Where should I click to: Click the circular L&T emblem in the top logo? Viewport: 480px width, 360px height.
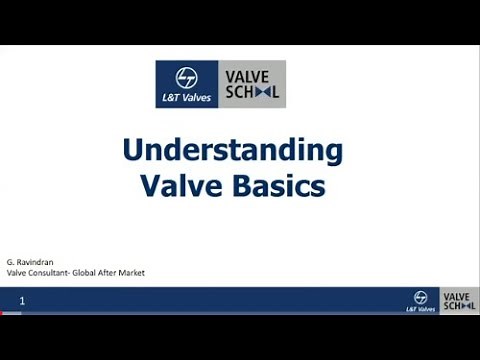[x=186, y=76]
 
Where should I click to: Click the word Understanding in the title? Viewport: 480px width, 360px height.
[x=232, y=151]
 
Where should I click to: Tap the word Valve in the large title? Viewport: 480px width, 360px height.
[x=176, y=186]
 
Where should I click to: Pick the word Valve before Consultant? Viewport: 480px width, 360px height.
[x=18, y=272]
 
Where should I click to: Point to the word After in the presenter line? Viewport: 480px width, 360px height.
[x=120, y=272]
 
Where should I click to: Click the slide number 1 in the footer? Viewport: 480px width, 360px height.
[x=22, y=300]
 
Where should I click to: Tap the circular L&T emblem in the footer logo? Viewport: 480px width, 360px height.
[x=421, y=297]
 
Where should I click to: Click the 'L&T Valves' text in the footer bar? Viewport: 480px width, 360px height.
[x=421, y=309]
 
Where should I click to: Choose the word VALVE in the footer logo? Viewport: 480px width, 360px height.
[x=457, y=297]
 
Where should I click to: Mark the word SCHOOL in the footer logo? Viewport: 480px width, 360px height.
[x=457, y=306]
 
